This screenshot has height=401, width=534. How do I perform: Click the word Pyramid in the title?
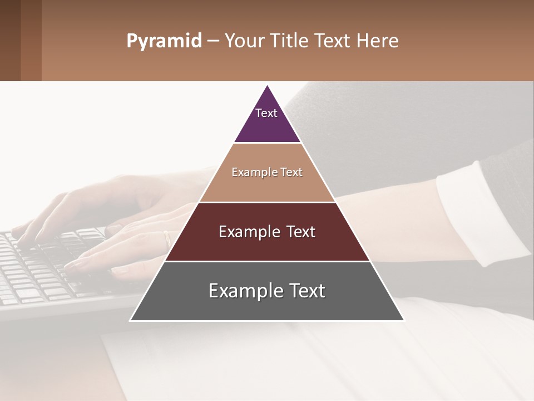point(164,41)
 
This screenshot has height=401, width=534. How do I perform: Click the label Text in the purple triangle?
point(266,113)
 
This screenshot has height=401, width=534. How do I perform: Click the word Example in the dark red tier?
point(247,232)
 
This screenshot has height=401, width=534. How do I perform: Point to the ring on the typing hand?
point(167,239)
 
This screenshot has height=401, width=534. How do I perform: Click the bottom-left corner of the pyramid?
point(131,320)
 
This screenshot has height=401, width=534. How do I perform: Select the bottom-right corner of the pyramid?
point(404,320)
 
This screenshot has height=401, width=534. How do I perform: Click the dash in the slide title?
point(212,41)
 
